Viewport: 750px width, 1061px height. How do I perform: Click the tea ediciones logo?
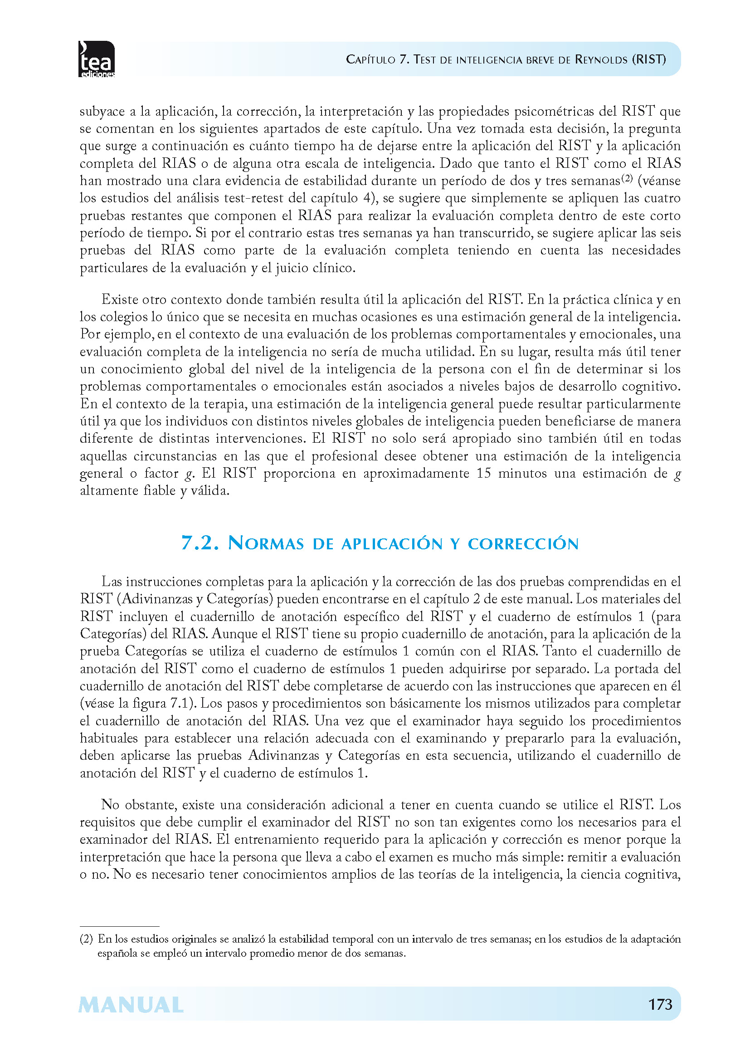click(x=96, y=59)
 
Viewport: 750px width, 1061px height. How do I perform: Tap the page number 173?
click(x=660, y=1004)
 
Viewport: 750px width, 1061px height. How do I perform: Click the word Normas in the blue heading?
click(x=266, y=543)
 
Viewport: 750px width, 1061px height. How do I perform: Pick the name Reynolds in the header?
click(x=601, y=59)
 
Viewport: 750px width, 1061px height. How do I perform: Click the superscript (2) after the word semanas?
click(x=626, y=177)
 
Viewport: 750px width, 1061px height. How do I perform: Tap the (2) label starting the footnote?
click(x=86, y=939)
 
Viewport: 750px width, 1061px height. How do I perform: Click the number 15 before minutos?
click(x=484, y=473)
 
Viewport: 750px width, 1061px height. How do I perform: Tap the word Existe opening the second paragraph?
click(x=119, y=300)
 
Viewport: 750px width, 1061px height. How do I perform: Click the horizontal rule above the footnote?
click(x=119, y=926)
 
